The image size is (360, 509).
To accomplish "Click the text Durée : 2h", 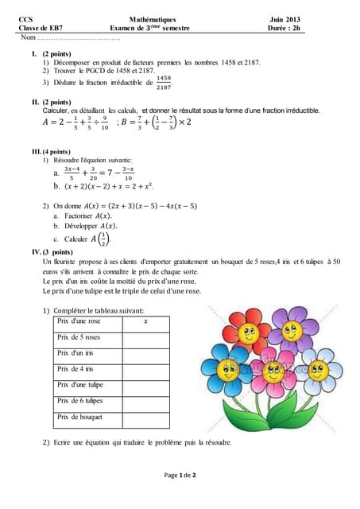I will pos(285,28).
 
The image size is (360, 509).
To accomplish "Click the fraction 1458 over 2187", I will pos(164,82).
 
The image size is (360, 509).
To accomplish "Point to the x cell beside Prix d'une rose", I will pos(145,321).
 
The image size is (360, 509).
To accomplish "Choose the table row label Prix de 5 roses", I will pos(79,337).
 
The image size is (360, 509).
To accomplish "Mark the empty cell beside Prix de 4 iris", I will pos(145,369).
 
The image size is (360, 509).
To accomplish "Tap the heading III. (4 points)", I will pos(51,151).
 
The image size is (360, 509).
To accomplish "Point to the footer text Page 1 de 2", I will pos(180,475).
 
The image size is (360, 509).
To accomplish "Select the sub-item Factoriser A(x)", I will pos(87,216).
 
